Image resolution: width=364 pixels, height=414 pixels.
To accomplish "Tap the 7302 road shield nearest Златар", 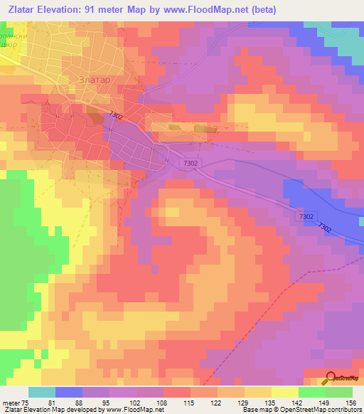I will coord(117,115).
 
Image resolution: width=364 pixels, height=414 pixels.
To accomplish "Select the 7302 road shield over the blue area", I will coord(306,216).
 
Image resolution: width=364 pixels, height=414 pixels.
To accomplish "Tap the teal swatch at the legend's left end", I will coord(42,392).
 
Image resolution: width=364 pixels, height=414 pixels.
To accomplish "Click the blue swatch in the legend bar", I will coord(69,392).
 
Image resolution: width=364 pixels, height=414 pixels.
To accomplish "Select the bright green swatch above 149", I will coord(312,392).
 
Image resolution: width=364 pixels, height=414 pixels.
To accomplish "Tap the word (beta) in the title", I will coord(262,9).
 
